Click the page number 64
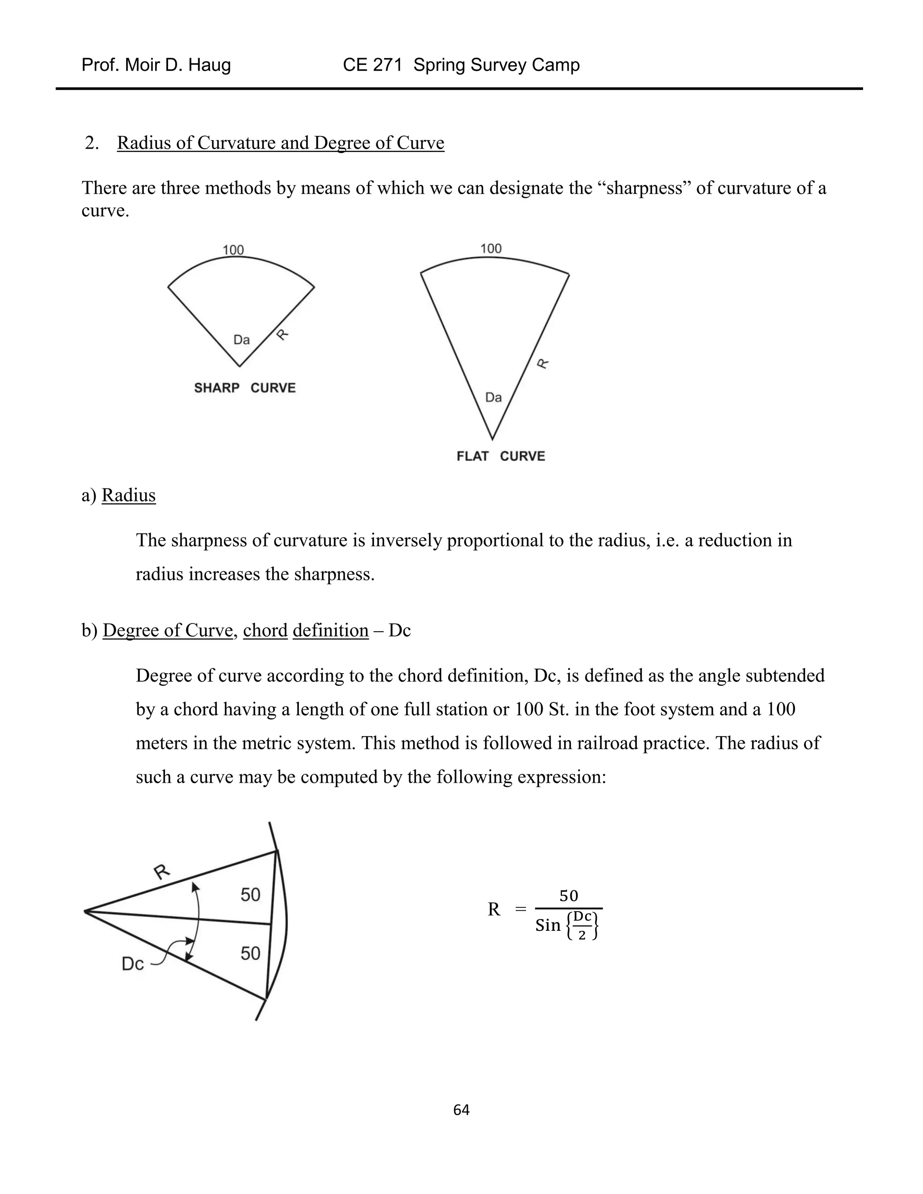pos(461,1109)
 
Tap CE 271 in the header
pos(372,65)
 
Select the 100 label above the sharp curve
pos(233,250)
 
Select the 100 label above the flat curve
pos(490,249)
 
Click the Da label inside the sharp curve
pos(241,340)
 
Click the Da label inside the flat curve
pos(493,397)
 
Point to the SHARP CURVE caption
pos(244,387)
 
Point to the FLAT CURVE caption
pos(500,456)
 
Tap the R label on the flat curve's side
pos(543,363)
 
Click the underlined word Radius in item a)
pos(128,495)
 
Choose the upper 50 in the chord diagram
pos(251,894)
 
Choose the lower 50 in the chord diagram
pos(251,953)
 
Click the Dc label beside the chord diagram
pos(133,964)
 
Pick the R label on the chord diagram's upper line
pos(161,871)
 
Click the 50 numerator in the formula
pos(569,896)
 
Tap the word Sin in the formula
pos(548,925)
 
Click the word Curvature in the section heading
pos(236,143)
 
